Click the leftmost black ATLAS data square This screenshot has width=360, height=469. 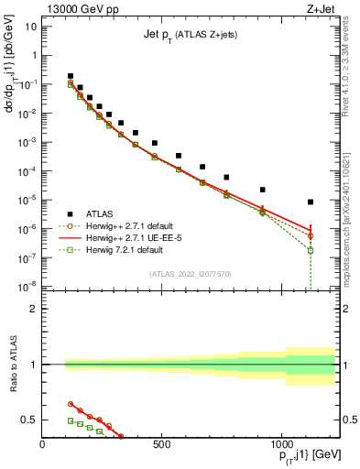71,76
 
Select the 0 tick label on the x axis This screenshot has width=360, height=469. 43,446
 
